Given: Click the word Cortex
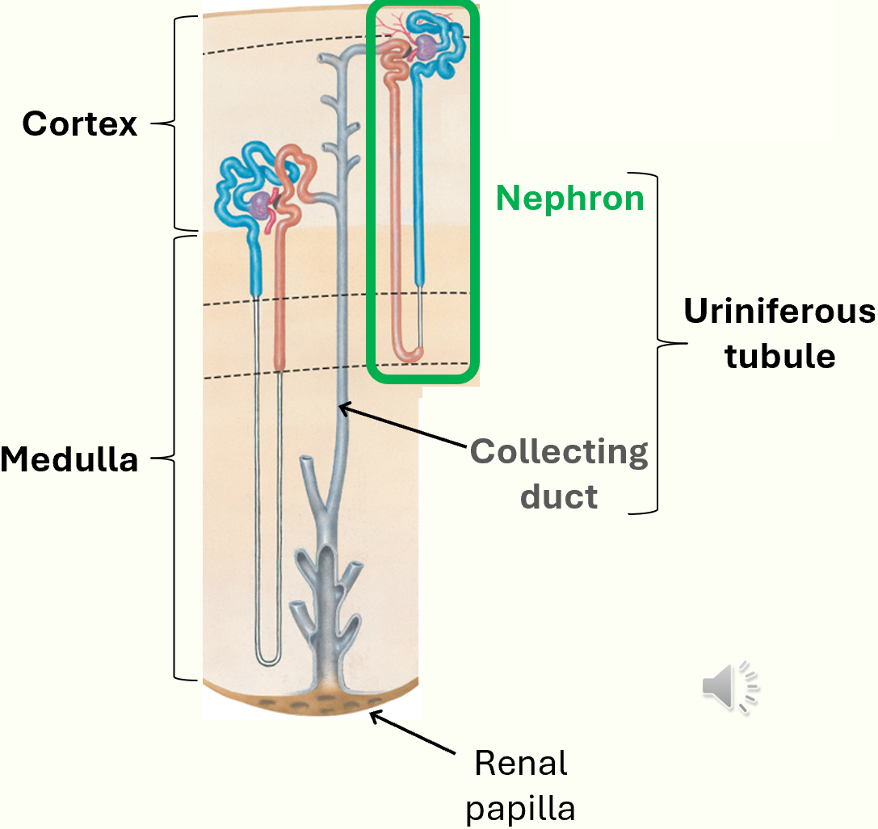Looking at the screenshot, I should point(80,124).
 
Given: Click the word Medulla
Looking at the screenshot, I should point(69,459).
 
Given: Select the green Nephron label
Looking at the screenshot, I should point(569,198).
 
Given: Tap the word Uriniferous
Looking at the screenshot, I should point(779,312).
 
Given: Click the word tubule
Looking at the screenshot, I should point(779,356).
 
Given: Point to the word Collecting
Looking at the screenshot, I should point(559,452).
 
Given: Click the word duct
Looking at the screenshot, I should point(559,496).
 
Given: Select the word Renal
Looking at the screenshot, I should point(521,763).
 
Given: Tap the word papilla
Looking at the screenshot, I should point(521,808).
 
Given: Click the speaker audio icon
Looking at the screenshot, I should point(729,688).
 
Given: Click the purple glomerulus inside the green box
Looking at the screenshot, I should point(427,52).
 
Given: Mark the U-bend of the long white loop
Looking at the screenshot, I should point(268,660).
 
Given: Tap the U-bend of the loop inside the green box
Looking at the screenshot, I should point(408,354).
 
